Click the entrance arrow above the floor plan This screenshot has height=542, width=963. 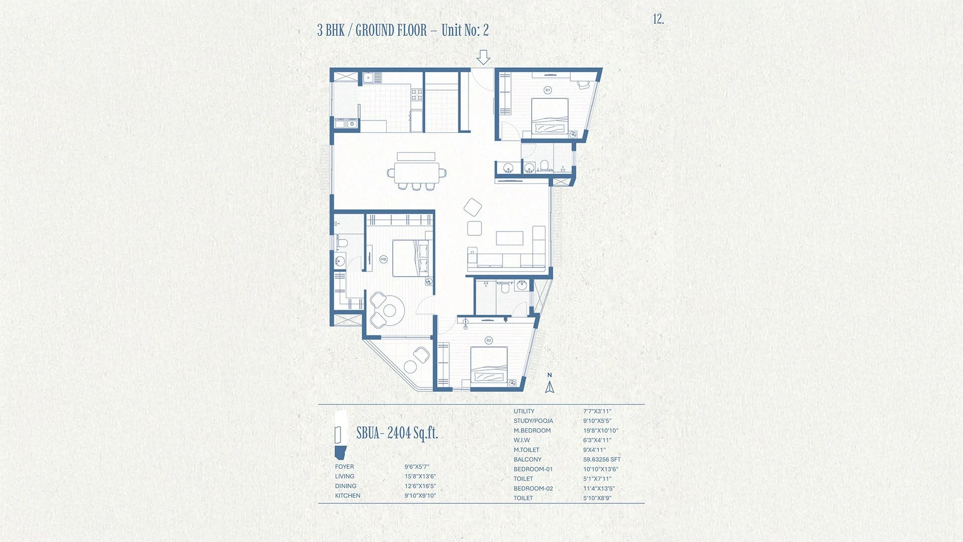(x=483, y=57)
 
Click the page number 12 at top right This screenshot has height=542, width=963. (x=658, y=20)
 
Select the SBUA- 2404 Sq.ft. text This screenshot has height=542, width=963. (x=397, y=433)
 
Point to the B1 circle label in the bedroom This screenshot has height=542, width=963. (x=548, y=90)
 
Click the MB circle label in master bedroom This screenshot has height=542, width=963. (x=384, y=259)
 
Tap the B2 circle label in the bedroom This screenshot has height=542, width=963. (x=489, y=340)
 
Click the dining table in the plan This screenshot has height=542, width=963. (x=416, y=173)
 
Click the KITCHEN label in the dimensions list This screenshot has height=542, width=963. (x=348, y=496)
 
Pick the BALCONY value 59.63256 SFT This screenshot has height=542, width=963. (x=602, y=460)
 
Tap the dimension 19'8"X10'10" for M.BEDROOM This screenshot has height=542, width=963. (x=600, y=431)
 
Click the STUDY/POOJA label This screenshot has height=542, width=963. (x=533, y=421)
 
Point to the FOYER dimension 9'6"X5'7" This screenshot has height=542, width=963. (x=417, y=467)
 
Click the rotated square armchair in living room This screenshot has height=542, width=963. (x=472, y=207)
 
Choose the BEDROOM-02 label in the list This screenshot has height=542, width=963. (x=533, y=489)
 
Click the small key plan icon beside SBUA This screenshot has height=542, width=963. (x=341, y=435)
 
